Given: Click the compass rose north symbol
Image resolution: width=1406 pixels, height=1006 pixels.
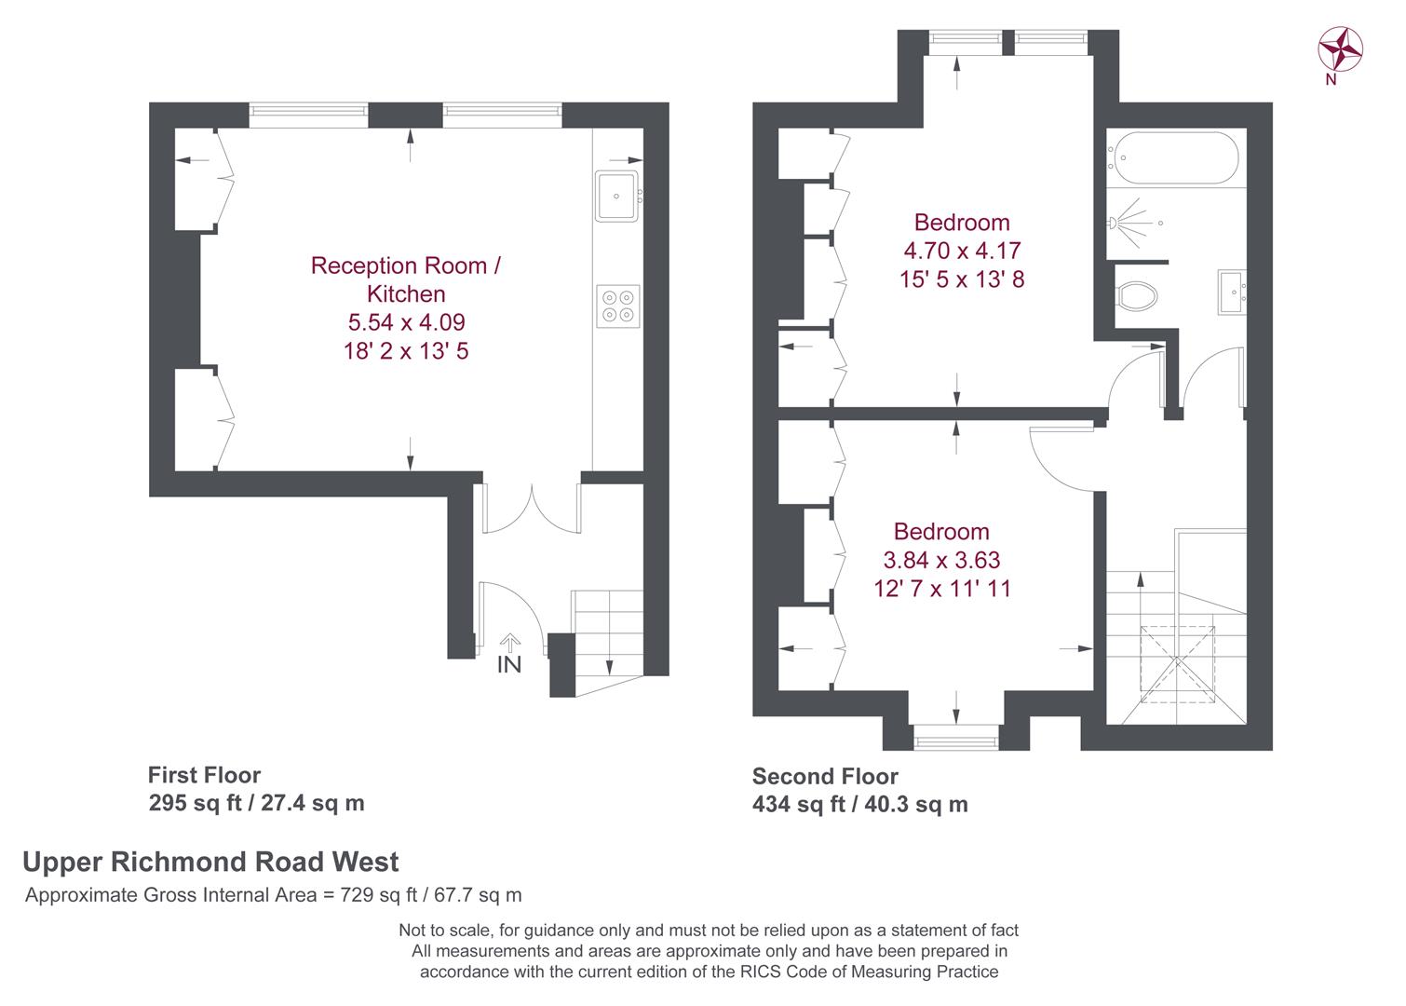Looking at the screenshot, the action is point(1340,49).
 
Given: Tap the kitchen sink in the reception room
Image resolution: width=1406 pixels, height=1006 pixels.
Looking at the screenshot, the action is point(616,196).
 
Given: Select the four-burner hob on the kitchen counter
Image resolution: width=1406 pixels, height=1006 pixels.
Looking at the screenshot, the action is point(618,306).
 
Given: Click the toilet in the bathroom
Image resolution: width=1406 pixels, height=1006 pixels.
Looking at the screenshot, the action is point(1137,295).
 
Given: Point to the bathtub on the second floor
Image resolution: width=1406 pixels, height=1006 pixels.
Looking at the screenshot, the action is point(1173,157).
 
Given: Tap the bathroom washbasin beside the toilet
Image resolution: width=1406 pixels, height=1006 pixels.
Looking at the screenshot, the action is point(1232,292).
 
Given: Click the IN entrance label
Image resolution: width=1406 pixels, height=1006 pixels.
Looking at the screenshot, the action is point(509,664).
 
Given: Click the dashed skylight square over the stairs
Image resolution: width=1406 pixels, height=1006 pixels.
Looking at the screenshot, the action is point(1178,664).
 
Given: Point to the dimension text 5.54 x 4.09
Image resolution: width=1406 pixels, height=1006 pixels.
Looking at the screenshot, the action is point(406,322).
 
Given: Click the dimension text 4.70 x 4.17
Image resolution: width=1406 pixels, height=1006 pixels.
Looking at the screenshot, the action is point(962,251).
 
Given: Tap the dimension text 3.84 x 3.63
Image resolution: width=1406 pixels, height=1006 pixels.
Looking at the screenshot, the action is point(941,560).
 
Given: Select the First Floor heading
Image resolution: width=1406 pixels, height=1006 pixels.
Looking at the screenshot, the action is point(204,775).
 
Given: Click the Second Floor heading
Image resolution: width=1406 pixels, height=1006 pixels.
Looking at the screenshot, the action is point(825,776).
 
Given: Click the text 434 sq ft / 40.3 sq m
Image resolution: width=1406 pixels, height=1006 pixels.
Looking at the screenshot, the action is point(860,804).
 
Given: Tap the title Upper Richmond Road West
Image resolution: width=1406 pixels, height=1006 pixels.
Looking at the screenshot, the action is point(210,862).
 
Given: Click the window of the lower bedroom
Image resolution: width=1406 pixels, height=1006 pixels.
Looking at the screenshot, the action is point(956,737).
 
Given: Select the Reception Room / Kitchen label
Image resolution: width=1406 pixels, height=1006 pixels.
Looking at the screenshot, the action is point(406,279).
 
